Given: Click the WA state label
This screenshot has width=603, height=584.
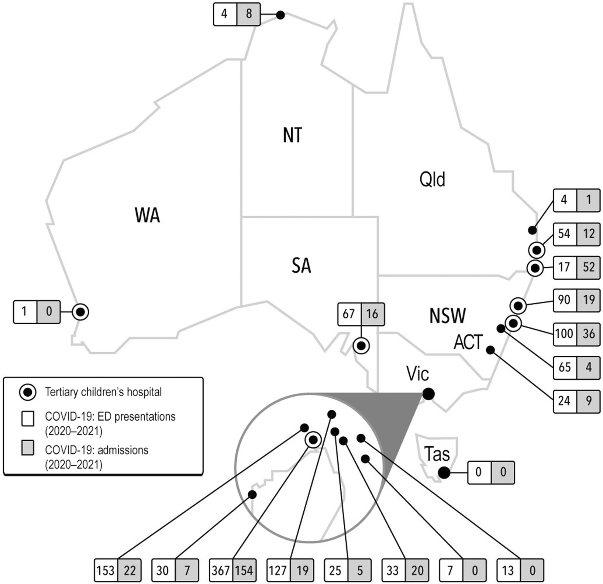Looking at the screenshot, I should (x=147, y=215).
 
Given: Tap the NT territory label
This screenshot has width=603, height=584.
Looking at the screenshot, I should (x=292, y=135).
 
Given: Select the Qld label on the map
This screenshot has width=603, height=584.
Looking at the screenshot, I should (x=432, y=179).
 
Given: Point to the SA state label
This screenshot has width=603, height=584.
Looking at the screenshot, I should (x=301, y=266).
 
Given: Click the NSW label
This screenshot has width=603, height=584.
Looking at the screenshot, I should (x=447, y=316).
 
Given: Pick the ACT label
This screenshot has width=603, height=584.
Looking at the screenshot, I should (x=468, y=342).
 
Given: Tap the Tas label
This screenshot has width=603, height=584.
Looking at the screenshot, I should (x=437, y=454).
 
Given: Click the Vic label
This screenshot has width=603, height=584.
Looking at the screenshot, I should (x=418, y=374).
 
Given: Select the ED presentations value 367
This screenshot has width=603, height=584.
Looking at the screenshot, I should (x=221, y=571).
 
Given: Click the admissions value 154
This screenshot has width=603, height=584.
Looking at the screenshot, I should (x=244, y=571).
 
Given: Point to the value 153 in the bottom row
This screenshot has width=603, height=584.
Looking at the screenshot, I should (x=105, y=571).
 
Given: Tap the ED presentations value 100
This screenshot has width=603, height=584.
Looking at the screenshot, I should (x=564, y=333).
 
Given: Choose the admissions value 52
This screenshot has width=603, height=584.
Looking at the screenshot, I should (x=588, y=267).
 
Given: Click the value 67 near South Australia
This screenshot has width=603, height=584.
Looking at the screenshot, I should (x=349, y=314).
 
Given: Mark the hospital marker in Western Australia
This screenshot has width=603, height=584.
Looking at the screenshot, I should (x=80, y=312).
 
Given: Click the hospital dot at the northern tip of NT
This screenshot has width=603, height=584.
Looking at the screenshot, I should (x=280, y=15).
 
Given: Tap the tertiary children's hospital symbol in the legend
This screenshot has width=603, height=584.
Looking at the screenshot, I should (x=28, y=392).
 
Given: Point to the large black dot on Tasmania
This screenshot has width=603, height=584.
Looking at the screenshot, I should (x=444, y=473).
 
